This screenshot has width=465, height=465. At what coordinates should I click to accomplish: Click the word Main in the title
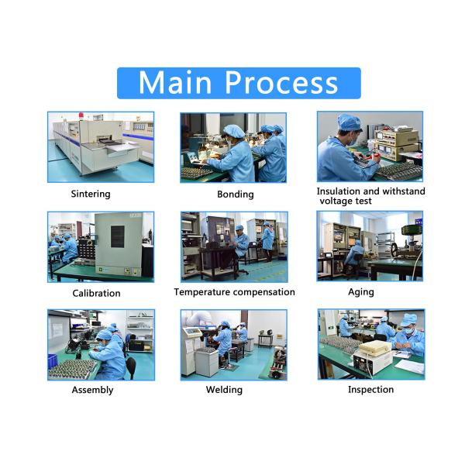pyautogui.click(x=175, y=83)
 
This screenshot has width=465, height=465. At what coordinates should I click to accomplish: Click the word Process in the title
pyautogui.click(x=281, y=83)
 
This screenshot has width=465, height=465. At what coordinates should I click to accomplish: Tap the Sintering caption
pyautogui.click(x=91, y=194)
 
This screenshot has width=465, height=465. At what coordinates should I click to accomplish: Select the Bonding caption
pyautogui.click(x=236, y=195)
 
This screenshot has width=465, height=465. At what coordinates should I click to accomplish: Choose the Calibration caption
pyautogui.click(x=96, y=293)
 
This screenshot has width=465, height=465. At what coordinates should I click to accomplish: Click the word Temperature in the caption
pyautogui.click(x=201, y=292)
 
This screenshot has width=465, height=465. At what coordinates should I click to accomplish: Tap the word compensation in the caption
pyautogui.click(x=263, y=292)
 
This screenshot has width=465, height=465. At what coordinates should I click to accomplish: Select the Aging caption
pyautogui.click(x=361, y=292)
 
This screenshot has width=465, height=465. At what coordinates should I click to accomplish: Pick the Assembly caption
pyautogui.click(x=92, y=390)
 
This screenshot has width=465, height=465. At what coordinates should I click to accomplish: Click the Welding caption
pyautogui.click(x=224, y=390)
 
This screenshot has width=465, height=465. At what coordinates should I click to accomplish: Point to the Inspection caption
pyautogui.click(x=371, y=390)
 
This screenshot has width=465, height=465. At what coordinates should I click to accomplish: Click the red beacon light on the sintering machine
pyautogui.click(x=81, y=115)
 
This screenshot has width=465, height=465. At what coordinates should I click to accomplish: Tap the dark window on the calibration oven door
pyautogui.click(x=118, y=236)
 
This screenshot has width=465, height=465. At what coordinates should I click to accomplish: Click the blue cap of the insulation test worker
pyautogui.click(x=349, y=122)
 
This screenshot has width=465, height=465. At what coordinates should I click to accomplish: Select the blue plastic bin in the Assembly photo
pyautogui.click(x=52, y=361)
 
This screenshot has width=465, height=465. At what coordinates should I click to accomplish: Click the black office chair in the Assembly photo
pyautogui.click(x=130, y=367)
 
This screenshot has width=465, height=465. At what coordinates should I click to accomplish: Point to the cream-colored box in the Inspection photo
pyautogui.click(x=376, y=349)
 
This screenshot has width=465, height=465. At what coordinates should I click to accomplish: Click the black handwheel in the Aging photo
pyautogui.click(x=394, y=250)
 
